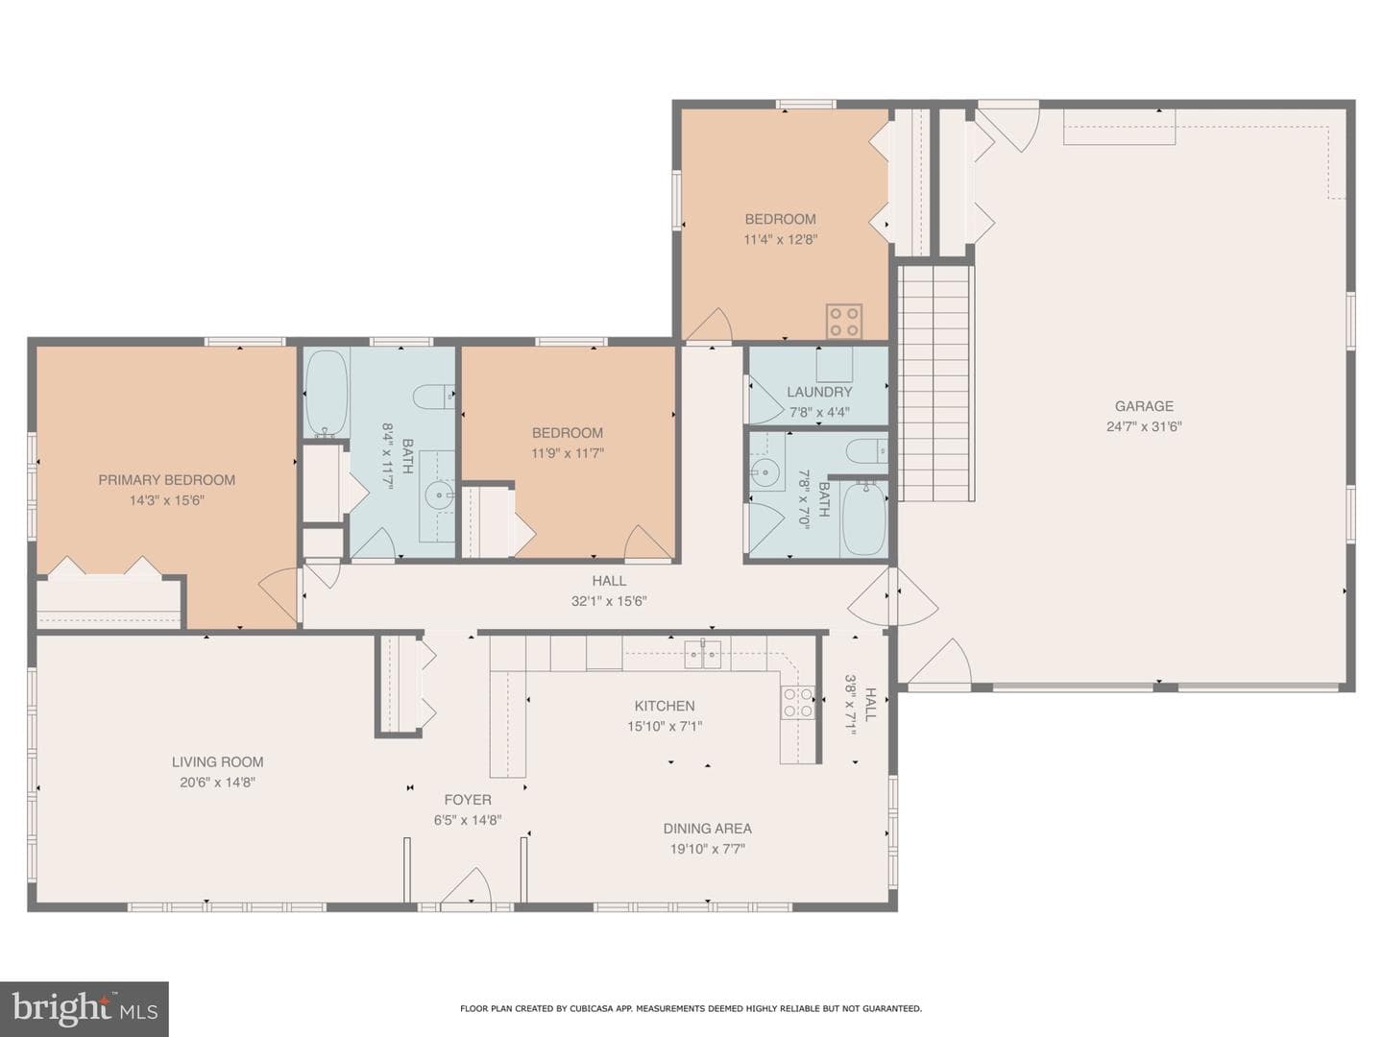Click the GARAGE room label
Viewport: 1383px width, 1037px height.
(x=1144, y=406)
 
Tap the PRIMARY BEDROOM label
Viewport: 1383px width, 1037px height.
(x=166, y=480)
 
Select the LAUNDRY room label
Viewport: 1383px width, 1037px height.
(x=819, y=392)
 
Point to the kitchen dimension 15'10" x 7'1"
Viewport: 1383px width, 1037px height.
(x=664, y=726)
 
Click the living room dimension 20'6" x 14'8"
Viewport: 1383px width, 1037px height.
(x=217, y=782)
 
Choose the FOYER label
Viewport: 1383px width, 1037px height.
(x=468, y=800)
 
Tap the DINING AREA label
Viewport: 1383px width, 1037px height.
(x=707, y=828)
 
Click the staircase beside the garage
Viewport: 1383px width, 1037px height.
(x=935, y=383)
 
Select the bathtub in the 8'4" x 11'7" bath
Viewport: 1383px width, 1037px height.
(x=327, y=393)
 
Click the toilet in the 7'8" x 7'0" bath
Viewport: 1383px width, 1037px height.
(x=866, y=451)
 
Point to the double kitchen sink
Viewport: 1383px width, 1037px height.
(x=702, y=654)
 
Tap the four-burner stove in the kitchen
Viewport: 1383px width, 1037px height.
(x=797, y=702)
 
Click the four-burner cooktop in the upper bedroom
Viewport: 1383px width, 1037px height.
(x=844, y=321)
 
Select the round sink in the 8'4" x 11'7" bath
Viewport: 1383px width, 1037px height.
(x=437, y=495)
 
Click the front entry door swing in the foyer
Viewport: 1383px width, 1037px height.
(x=467, y=886)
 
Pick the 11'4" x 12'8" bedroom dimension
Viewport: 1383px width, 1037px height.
(x=780, y=239)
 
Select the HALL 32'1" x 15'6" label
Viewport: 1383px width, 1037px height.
(x=609, y=591)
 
